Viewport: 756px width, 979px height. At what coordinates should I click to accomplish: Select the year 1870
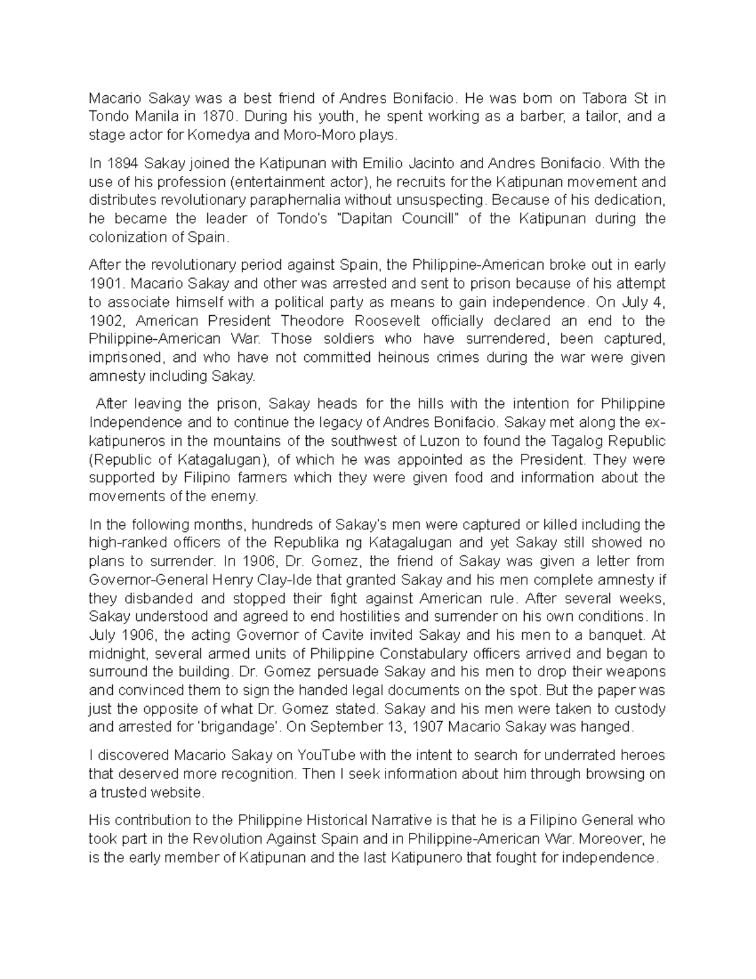point(219,117)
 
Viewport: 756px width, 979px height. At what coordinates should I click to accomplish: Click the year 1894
point(121,164)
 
